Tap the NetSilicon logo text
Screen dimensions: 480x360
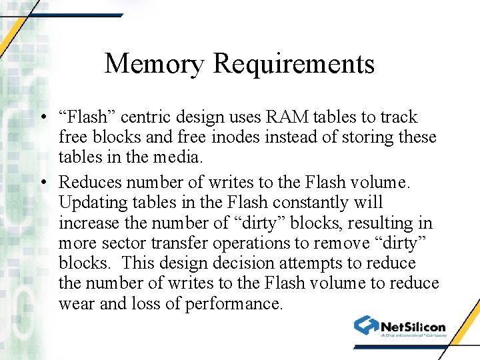[413, 326]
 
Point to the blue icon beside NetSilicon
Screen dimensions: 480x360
[366, 325]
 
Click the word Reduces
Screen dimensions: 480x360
[89, 181]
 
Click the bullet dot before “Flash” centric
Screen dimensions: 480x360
[42, 118]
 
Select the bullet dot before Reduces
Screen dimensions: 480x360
[42, 182]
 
